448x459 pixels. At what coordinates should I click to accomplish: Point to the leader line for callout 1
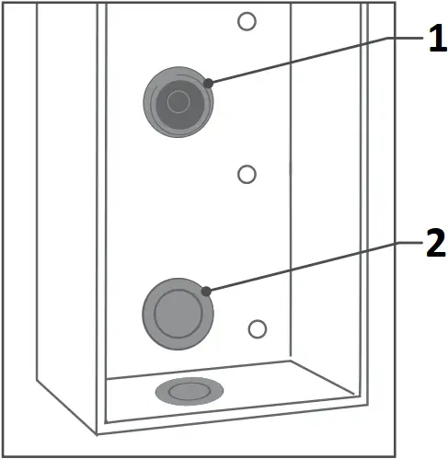point(304,59)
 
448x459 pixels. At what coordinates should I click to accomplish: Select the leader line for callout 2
point(304,266)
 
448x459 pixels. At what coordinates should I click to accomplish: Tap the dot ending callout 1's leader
point(209,83)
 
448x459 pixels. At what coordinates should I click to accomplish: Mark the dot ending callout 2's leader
point(208,292)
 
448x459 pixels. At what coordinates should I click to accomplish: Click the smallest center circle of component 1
point(178,98)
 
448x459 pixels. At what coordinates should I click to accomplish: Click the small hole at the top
point(246,20)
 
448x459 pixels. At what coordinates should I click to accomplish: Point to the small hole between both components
point(246,173)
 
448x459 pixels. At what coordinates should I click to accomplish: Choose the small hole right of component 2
point(258,328)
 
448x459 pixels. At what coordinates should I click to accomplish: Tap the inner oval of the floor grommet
point(190,391)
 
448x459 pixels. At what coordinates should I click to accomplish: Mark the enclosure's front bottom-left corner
point(97,433)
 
